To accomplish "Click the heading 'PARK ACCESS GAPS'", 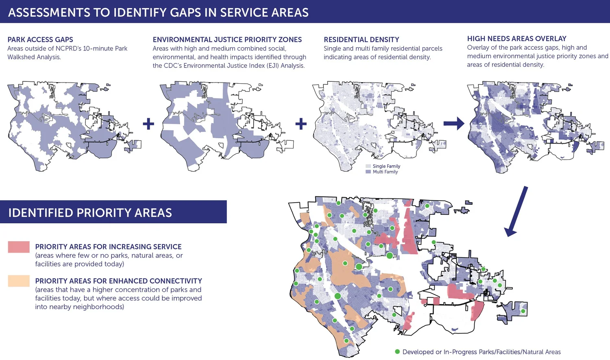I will click(40, 39).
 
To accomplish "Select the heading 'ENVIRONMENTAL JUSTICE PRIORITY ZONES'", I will click(227, 39).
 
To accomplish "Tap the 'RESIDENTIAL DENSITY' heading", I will click(361, 39).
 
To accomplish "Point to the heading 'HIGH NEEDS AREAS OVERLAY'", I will click(516, 39).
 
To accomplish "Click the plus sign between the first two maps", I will click(148, 124).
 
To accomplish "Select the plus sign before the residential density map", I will click(301, 124).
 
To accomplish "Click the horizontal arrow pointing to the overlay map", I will click(454, 123).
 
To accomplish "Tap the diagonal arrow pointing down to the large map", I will click(517, 212).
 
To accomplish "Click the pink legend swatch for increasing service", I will click(19, 247).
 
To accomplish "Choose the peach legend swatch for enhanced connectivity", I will click(19, 281).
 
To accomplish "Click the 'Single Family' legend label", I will click(386, 166).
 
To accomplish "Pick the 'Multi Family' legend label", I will click(385, 172).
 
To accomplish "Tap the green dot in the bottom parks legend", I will click(397, 351).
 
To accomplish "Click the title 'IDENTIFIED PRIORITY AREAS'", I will click(90, 213).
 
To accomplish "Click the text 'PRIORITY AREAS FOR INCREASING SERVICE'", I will click(108, 247).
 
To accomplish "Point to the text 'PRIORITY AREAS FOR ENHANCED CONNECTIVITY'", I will click(118, 281).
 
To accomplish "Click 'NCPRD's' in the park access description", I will click(68, 48).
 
